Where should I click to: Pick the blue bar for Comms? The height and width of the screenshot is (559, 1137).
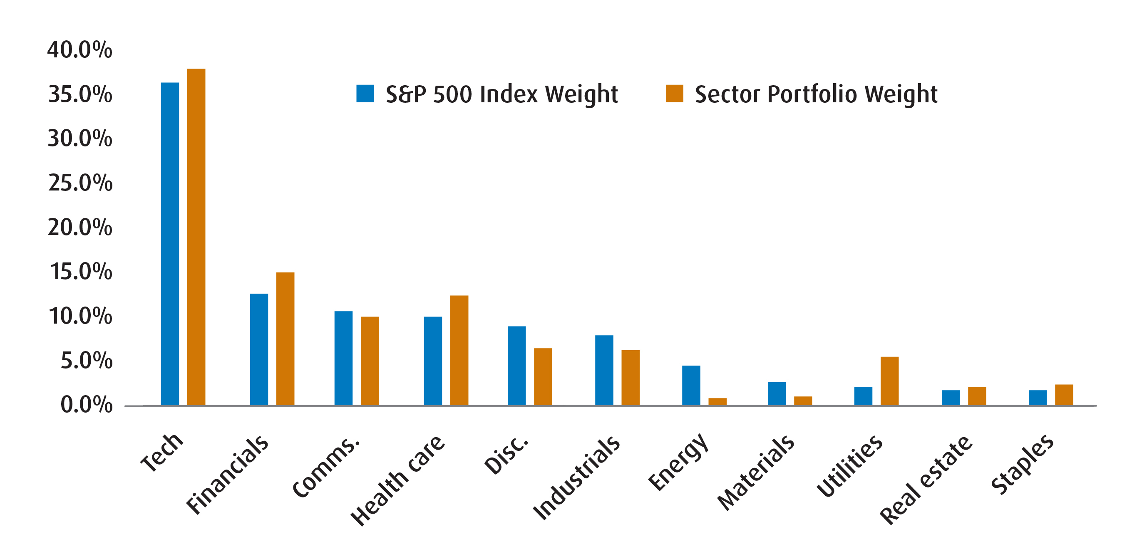point(343,358)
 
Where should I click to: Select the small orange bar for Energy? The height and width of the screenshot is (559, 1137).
point(717,401)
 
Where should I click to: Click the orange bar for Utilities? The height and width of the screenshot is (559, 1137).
point(889,380)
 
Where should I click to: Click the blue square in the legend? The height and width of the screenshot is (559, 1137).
point(365,94)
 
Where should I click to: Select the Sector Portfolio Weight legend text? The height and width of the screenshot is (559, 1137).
point(816,94)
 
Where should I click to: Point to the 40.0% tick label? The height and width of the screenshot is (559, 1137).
point(80,49)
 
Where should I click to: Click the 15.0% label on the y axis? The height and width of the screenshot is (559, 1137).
point(81,271)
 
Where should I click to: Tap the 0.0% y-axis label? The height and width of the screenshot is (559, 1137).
point(86,405)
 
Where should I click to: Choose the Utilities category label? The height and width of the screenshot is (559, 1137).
point(849,465)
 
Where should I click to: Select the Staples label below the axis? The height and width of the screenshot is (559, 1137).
point(1022,464)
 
